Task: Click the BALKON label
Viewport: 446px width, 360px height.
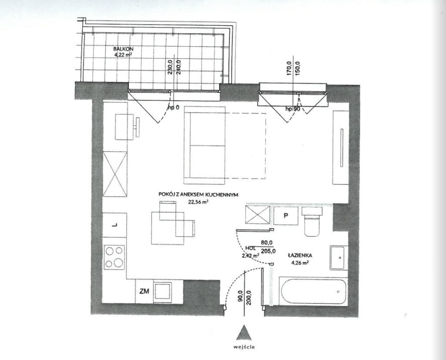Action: point(123,49)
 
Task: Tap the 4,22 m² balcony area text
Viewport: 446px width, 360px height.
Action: point(123,54)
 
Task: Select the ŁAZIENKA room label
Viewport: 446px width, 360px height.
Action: point(300,255)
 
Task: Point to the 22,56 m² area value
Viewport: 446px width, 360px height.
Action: point(198,202)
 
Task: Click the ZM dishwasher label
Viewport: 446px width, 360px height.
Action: point(144,292)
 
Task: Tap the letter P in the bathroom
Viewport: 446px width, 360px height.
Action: point(286,215)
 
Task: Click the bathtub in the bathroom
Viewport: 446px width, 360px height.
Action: point(314,292)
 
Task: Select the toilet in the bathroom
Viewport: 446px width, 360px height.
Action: point(312,222)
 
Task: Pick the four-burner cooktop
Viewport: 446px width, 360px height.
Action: point(115,257)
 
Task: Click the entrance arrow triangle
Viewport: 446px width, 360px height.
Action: point(244,333)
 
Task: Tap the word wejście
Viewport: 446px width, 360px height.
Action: point(244,347)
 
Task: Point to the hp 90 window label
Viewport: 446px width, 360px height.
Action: point(292,109)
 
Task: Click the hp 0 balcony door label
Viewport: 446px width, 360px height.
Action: point(173,108)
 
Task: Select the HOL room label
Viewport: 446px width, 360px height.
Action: point(250,248)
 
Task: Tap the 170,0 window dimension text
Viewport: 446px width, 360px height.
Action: point(289,69)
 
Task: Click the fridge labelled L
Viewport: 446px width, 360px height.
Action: point(115,225)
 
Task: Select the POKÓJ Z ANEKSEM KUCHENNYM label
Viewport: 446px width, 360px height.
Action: point(198,195)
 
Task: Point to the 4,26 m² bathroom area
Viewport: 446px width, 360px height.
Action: point(300,263)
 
